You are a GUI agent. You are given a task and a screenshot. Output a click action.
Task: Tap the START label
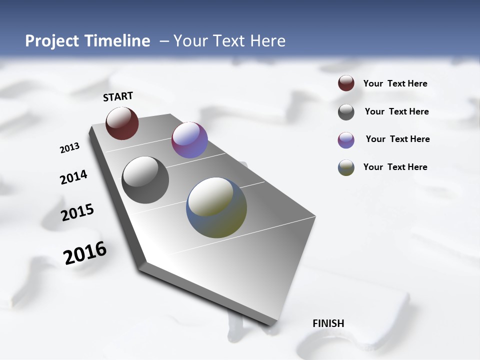click(118, 96)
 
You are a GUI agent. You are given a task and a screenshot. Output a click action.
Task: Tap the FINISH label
click(328, 323)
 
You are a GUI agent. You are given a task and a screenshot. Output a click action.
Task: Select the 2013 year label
click(69, 148)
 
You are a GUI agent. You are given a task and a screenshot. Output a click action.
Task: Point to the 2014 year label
click(73, 177)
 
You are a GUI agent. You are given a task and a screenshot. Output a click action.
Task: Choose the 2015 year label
click(77, 212)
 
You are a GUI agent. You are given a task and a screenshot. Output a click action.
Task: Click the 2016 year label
click(85, 253)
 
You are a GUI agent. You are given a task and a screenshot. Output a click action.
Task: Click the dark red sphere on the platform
click(122, 123)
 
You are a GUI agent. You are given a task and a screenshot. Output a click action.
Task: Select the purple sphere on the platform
click(189, 140)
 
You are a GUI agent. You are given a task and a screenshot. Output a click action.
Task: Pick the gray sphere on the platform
click(145, 180)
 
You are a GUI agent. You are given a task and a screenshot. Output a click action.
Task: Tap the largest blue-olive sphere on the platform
click(216, 207)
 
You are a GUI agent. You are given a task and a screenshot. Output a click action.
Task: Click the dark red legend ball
click(346, 83)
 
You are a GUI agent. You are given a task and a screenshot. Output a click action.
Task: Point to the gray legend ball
click(346, 112)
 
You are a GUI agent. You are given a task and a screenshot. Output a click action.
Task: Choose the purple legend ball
click(346, 140)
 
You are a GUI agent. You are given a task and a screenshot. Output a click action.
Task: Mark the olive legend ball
click(346, 167)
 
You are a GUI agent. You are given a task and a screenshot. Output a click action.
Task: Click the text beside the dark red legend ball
click(395, 83)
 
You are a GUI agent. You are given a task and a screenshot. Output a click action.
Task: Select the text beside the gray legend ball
click(396, 111)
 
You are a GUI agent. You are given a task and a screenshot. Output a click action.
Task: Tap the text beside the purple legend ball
click(397, 139)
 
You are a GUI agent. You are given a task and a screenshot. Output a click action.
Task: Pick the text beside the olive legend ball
click(395, 167)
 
